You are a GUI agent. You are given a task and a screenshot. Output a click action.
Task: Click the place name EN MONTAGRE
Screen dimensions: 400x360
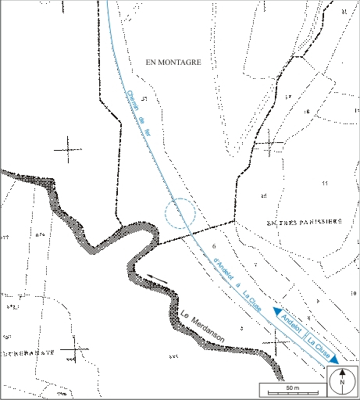pos(168,63)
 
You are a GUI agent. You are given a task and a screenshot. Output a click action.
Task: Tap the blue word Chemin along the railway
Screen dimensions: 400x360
pos(130,102)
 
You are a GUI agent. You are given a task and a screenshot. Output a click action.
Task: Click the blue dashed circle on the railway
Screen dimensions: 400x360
pos(180,213)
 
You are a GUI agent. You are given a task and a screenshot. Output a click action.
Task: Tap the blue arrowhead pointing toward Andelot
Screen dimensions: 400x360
pos(276,312)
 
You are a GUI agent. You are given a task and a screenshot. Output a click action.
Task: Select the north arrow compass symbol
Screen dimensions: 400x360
pos(341,382)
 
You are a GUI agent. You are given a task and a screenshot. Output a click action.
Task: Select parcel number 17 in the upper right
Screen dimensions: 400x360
pos(287,97)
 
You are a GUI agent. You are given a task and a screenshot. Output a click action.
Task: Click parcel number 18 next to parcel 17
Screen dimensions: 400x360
pos(307,112)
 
